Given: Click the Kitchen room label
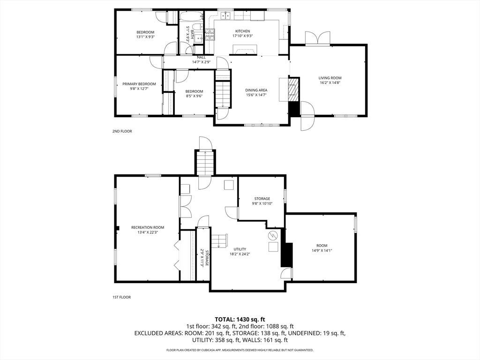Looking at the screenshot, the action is pyautogui.click(x=242, y=31).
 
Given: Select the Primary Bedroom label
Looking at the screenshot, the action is pyautogui.click(x=139, y=84).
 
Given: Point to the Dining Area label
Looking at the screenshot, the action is pyautogui.click(x=256, y=90).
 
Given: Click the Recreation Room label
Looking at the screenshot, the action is pyautogui.click(x=148, y=227).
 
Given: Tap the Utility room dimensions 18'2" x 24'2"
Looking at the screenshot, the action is pyautogui.click(x=240, y=254).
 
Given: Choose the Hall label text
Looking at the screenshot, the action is pyautogui.click(x=201, y=57).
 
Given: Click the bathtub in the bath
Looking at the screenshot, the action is pyautogui.click(x=191, y=17).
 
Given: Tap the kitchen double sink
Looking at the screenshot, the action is pyautogui.click(x=226, y=15).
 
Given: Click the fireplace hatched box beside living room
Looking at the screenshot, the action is pyautogui.click(x=293, y=89).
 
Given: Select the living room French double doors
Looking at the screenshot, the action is pyautogui.click(x=318, y=38).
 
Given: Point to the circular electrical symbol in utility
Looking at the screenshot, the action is pyautogui.click(x=272, y=235).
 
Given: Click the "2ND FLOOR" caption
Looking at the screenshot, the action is pyautogui.click(x=122, y=131).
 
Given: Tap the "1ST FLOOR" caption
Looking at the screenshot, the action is pyautogui.click(x=121, y=297).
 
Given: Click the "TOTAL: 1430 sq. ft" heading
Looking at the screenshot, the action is pyautogui.click(x=240, y=320).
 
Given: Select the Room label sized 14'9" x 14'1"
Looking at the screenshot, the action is pyautogui.click(x=322, y=246).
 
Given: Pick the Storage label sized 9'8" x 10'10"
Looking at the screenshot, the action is pyautogui.click(x=262, y=199).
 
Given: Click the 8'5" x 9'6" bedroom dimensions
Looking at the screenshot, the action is pyautogui.click(x=194, y=96).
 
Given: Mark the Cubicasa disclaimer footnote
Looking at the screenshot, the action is pyautogui.click(x=240, y=350).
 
